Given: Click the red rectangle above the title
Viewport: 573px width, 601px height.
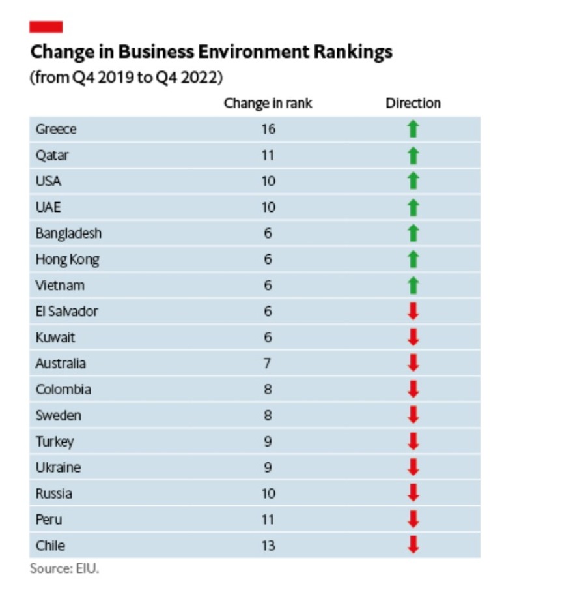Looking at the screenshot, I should click(46, 27).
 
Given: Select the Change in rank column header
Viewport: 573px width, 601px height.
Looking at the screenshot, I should click(268, 103).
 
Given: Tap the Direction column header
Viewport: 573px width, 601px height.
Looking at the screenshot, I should click(413, 103).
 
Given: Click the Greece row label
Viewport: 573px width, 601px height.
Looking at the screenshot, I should click(56, 129).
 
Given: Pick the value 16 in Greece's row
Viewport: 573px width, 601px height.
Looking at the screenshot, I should click(268, 129).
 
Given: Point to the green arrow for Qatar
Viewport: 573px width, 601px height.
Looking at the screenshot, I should click(413, 155).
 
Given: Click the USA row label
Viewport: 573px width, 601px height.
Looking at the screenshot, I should click(48, 181).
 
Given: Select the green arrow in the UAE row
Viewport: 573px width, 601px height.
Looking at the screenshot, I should click(413, 207).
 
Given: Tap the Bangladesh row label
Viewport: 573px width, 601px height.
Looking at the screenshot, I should click(68, 233).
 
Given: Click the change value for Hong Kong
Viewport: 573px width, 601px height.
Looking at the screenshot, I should click(268, 259).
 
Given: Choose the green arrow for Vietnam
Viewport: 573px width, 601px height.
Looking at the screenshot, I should click(413, 286).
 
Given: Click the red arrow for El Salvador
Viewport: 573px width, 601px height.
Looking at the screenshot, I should click(413, 312).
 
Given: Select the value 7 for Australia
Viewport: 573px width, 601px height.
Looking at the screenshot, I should click(268, 363).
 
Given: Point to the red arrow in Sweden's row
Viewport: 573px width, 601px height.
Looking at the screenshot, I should click(413, 415).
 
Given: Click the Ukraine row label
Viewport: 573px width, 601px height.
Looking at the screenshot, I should click(58, 467).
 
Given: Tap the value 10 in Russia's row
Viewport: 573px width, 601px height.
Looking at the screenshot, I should click(268, 493).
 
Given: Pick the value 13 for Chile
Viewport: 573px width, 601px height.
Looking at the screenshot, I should click(268, 546).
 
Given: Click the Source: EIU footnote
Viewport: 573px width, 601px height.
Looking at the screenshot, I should click(64, 568).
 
